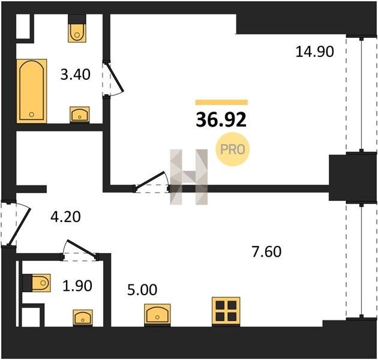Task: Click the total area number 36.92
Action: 221,120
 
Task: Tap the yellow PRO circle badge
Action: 232,149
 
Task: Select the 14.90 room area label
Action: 314,52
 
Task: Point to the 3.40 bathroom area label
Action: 76,74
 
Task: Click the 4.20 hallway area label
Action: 65,217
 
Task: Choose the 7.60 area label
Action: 266,251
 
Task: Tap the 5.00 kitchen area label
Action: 142,290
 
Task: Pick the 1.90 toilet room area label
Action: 77,286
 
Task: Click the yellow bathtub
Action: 32,91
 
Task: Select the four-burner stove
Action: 226,311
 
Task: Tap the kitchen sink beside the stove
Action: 157,314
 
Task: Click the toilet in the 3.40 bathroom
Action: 77,31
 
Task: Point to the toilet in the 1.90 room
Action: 38,283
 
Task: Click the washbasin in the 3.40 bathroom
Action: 80,115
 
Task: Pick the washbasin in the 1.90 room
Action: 83,317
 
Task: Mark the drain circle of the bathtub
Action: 31,115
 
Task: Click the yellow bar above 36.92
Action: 221,102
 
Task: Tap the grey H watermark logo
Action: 189,177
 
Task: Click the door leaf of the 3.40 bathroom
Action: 115,77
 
